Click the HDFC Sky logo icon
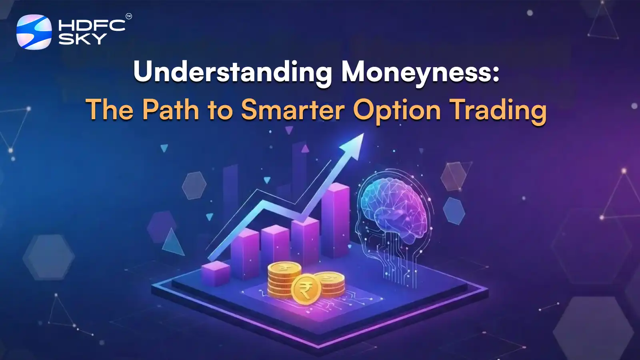point(34,32)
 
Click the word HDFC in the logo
point(92,26)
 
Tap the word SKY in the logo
point(82,39)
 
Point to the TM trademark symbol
point(129,16)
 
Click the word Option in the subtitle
point(397,110)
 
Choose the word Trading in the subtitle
point(498,110)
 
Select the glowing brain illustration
point(394,208)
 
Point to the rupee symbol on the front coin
point(305,290)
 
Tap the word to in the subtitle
point(220,110)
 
